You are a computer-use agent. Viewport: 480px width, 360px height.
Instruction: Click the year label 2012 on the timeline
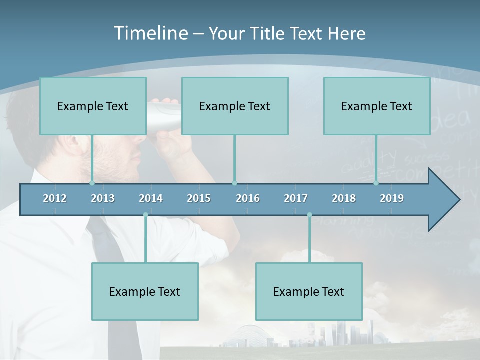pos(55,198)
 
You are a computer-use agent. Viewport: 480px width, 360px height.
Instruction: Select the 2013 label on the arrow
pos(103,198)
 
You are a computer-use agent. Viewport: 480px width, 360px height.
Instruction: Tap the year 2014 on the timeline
pos(151,198)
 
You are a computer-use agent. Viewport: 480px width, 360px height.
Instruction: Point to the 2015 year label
pos(199,198)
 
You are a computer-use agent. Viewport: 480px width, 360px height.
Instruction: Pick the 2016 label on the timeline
pos(248,198)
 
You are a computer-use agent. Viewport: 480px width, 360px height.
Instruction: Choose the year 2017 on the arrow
pos(296,198)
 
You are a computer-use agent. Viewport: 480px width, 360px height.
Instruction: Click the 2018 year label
pos(344,198)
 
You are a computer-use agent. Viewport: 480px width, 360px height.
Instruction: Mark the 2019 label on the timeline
pos(392,198)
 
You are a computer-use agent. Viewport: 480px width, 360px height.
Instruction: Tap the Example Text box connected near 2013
pos(93,106)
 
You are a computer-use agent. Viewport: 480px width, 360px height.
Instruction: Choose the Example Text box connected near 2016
pos(235,106)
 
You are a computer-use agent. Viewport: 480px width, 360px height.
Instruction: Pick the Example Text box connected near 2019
pos(377,106)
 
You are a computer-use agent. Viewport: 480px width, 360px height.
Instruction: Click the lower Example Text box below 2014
pos(145,291)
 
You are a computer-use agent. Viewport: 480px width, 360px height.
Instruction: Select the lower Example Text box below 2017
pos(309,291)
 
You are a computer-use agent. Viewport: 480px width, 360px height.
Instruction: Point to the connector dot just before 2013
pos(92,183)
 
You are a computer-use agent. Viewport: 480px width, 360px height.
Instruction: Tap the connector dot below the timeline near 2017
pos(309,215)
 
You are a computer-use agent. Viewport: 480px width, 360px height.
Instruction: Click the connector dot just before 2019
pos(376,183)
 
